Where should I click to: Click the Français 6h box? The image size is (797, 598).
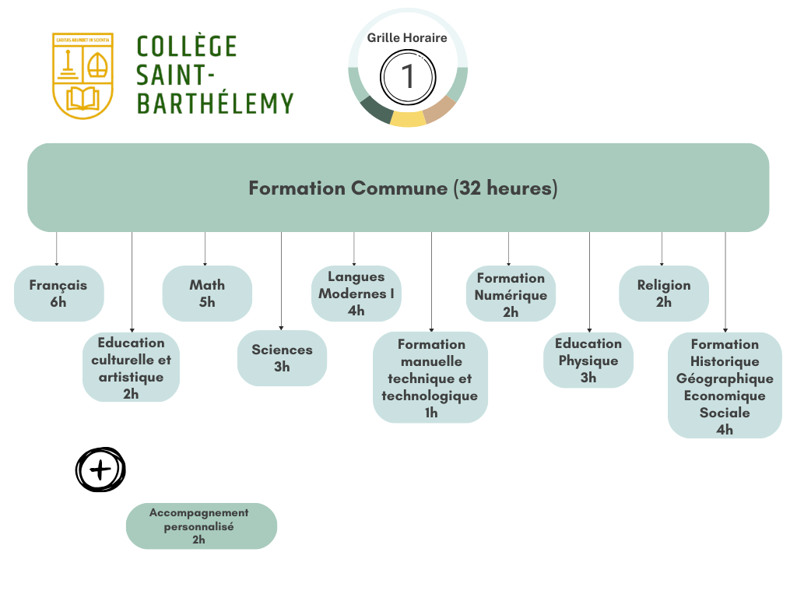58,294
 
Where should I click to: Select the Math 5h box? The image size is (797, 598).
206,294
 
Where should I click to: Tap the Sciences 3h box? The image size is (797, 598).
282,358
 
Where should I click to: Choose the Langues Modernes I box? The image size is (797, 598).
356,294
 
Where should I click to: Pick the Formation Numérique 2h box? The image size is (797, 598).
511,294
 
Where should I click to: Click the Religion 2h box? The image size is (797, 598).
663,294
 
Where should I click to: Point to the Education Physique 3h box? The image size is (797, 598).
588,361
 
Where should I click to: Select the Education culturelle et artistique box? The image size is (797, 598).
131,368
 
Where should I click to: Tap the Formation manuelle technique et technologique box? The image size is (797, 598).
430,378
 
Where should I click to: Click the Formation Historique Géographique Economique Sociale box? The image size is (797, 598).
725,386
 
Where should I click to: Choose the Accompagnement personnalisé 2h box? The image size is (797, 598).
201,526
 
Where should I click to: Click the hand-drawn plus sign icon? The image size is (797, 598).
100,470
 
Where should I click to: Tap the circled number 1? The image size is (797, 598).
408,77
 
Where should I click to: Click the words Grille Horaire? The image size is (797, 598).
407,37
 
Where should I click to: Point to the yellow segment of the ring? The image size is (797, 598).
408,118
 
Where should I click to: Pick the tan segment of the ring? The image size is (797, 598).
440,110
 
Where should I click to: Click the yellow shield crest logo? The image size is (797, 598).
83,76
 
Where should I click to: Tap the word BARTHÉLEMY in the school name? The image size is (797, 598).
215,103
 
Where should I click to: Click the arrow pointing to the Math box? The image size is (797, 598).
205,249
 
